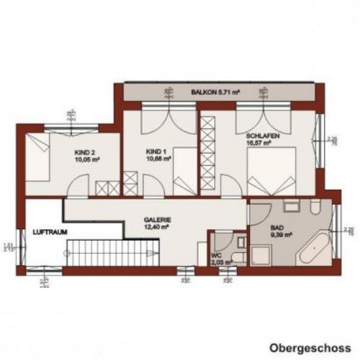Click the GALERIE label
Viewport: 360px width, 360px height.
click(154, 220)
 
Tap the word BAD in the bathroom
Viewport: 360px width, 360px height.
click(277, 229)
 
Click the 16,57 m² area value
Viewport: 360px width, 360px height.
click(258, 144)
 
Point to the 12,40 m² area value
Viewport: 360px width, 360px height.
click(154, 227)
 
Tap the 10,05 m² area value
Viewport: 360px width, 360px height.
click(87, 160)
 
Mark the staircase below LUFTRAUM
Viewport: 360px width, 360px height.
click(112, 251)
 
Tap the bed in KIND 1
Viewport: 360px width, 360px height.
click(184, 174)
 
